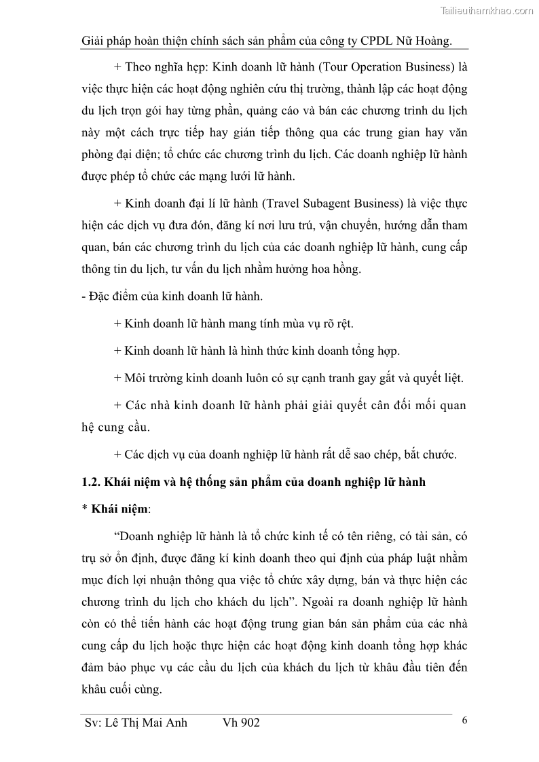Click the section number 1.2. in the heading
click(x=90, y=482)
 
